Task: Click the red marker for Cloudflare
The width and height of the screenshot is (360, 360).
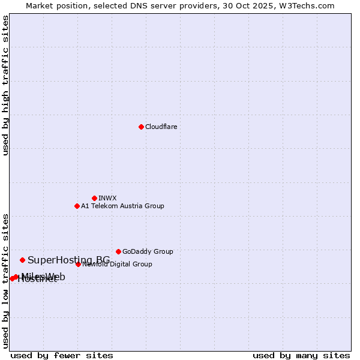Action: tap(141, 127)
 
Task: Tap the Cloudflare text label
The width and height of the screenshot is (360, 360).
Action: tap(161, 127)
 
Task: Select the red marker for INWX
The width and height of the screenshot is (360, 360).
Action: tap(94, 198)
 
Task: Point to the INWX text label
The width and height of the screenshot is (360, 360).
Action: tap(107, 199)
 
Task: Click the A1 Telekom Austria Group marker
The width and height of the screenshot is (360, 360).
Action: tap(77, 206)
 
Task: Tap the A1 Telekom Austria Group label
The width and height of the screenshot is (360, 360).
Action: tap(122, 206)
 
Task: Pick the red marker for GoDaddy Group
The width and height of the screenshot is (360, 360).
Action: tap(118, 251)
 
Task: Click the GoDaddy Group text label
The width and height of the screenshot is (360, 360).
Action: tap(148, 252)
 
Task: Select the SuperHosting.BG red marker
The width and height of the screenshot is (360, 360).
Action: tap(22, 260)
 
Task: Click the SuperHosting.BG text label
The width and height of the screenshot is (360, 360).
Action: tap(68, 260)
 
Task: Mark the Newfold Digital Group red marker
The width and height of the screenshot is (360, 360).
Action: tap(78, 264)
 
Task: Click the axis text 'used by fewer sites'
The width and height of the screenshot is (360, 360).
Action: tap(62, 355)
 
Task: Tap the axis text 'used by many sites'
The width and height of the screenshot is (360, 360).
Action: tap(301, 355)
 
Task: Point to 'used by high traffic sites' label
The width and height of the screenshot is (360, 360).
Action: tap(6, 85)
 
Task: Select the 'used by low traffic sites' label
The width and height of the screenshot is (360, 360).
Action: tap(6, 281)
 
